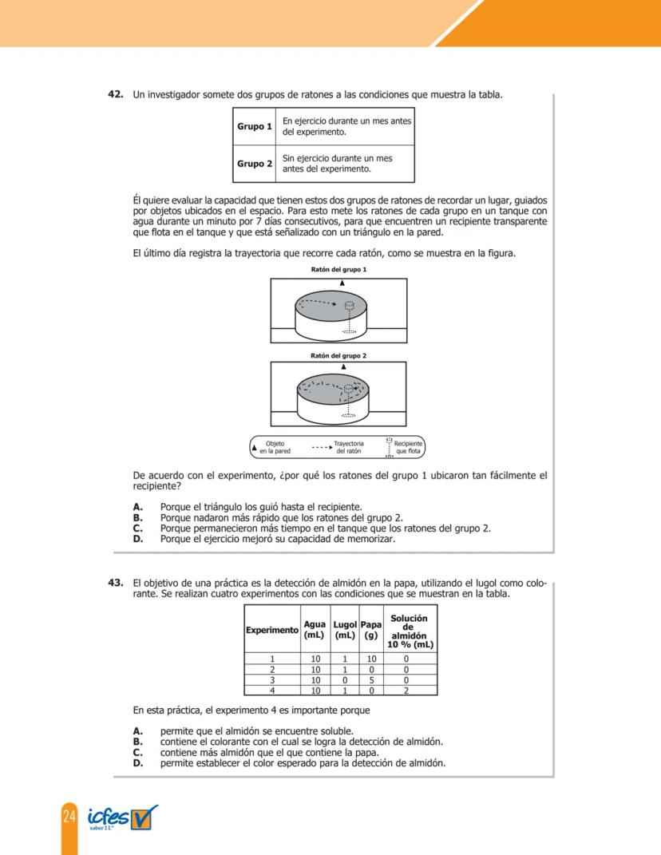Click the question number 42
tap(116, 94)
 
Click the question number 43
tap(116, 583)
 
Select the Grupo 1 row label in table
tap(255, 127)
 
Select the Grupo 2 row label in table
tap(255, 164)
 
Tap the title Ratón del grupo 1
tap(338, 271)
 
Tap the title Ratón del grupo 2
tap(338, 355)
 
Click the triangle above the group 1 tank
tap(342, 283)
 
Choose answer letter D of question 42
tap(137, 539)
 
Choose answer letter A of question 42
tap(137, 506)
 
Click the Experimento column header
tap(271, 630)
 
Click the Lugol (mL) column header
tap(344, 630)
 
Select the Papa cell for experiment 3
tap(370, 680)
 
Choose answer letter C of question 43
tap(137, 752)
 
